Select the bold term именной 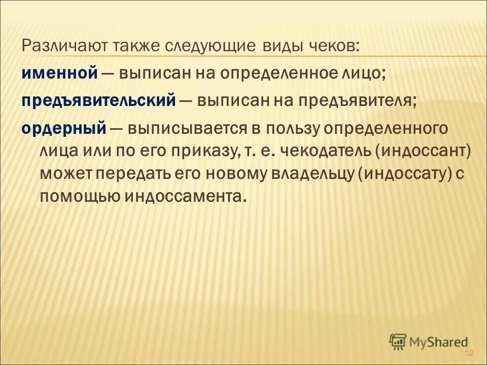point(60,73)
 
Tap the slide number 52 point(469,353)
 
